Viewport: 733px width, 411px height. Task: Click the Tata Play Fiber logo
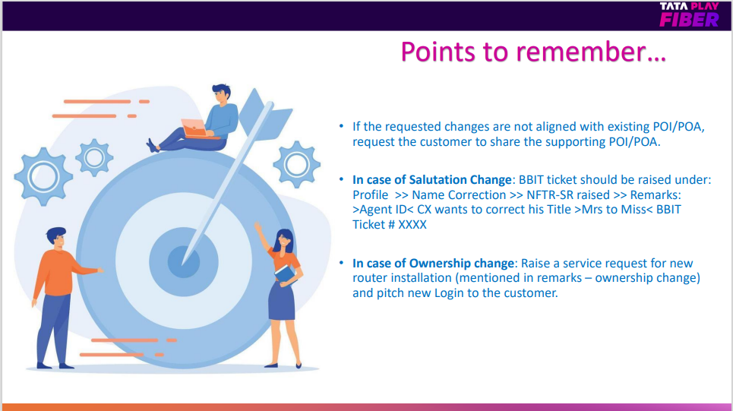[689, 14]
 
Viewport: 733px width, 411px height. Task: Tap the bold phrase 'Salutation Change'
[460, 179]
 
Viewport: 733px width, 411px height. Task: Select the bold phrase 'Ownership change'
[461, 264]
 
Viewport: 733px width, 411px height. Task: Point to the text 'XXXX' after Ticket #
[412, 224]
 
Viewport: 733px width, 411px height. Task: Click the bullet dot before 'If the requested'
[341, 126]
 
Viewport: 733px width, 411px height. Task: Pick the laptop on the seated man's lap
[196, 128]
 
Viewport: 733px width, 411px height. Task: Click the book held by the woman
[285, 273]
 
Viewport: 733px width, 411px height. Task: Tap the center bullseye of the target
[184, 262]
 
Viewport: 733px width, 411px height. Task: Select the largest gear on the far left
[43, 177]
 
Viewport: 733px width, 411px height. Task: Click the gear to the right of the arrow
[297, 164]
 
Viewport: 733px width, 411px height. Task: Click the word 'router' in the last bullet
[370, 278]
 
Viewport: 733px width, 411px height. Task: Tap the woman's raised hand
[257, 227]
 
